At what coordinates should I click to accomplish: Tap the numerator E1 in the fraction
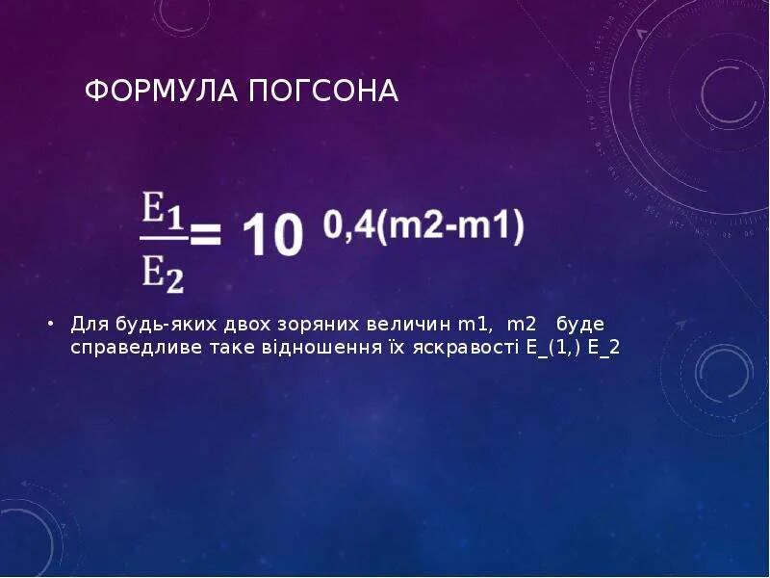click(163, 209)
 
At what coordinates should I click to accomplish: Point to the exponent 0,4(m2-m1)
click(423, 227)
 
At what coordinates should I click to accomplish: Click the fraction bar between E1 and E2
click(163, 241)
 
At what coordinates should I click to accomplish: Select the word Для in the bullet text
click(88, 324)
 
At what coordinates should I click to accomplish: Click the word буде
click(580, 324)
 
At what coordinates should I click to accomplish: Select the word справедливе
click(134, 348)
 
